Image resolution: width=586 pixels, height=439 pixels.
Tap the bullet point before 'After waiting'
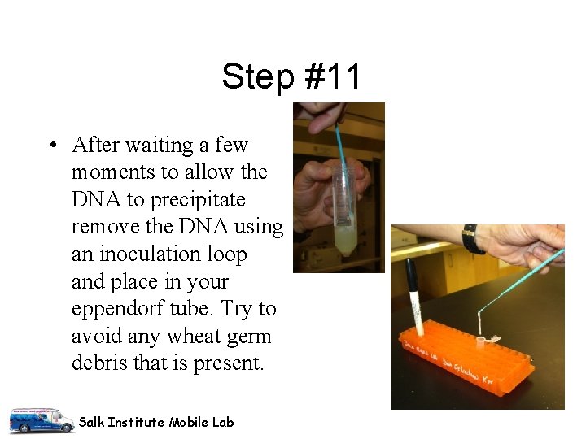click(52, 146)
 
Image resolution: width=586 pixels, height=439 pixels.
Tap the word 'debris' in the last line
click(99, 363)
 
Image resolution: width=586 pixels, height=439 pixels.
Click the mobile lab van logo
click(41, 419)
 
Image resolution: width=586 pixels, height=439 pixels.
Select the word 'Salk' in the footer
click(91, 422)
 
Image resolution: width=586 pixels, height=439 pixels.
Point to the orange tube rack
click(472, 358)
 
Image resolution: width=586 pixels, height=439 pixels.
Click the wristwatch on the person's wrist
click(470, 239)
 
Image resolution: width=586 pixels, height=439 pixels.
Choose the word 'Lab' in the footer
click(224, 422)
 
